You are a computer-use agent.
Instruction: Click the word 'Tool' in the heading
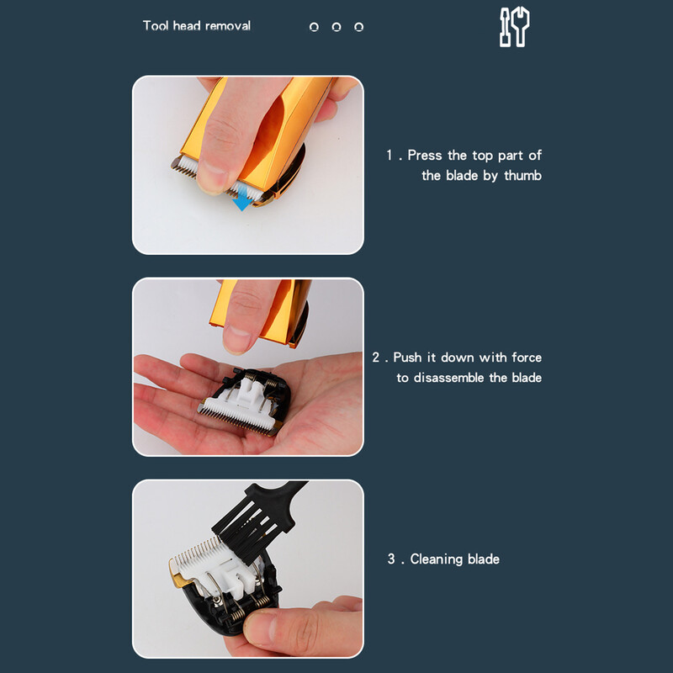(x=156, y=26)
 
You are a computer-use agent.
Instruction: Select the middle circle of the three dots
(x=336, y=27)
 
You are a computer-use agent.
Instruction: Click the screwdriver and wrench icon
(x=514, y=27)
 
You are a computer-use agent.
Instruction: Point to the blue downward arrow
(x=243, y=199)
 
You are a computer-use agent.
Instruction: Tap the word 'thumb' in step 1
(x=522, y=176)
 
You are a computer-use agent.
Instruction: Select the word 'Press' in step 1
(x=424, y=155)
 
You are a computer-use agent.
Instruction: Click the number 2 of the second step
(x=376, y=358)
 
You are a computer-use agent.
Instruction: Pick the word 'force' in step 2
(x=527, y=358)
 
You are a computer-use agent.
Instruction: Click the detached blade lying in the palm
(x=243, y=400)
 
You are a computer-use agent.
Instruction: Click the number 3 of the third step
(x=391, y=559)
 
